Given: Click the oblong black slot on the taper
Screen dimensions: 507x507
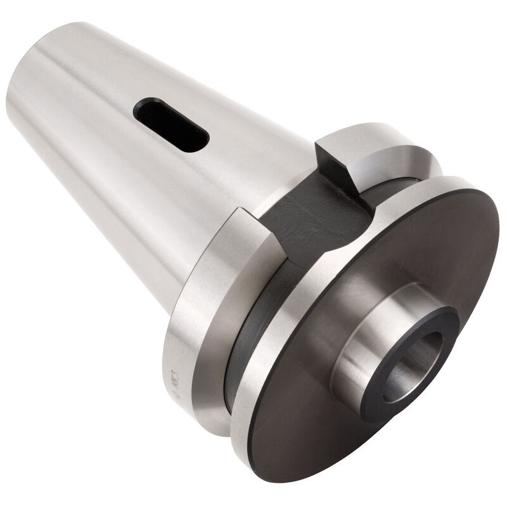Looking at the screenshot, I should (171, 125).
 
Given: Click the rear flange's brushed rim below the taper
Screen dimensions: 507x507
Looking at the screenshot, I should (190, 355).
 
